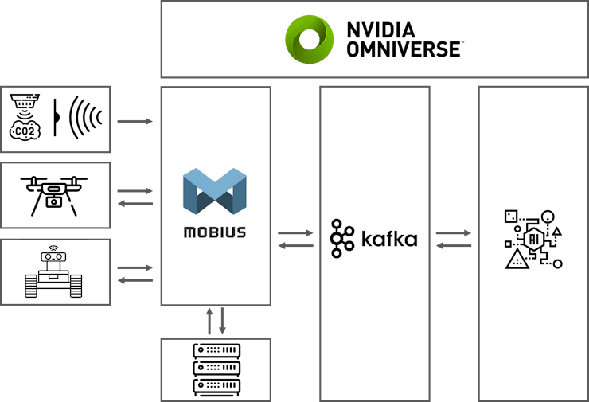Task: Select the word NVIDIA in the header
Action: [380, 30]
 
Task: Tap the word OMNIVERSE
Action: [404, 49]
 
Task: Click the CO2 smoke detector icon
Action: [25, 117]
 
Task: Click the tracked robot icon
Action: [54, 271]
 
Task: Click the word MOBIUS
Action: [214, 233]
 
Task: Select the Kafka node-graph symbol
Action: [343, 239]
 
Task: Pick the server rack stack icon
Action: [216, 370]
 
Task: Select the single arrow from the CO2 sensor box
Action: [135, 122]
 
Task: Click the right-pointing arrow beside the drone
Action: [135, 191]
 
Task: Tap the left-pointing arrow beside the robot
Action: [135, 280]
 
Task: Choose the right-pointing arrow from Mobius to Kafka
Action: [295, 233]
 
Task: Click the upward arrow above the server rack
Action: [210, 322]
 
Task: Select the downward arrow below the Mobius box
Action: [222, 322]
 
